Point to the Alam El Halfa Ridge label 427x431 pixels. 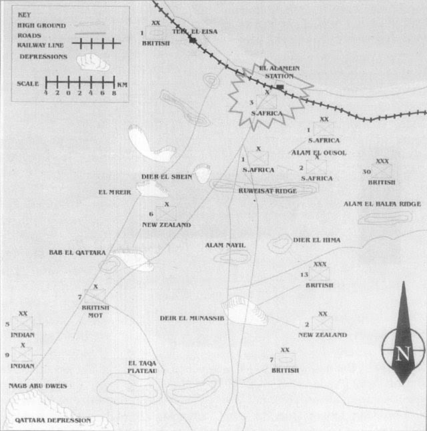tap(382, 203)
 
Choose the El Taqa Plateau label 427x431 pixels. tap(142, 367)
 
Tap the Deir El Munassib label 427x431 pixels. tap(191, 318)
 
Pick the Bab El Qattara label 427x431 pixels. tap(77, 253)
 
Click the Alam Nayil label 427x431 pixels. tap(226, 246)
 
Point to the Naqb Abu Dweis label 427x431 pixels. tap(38, 386)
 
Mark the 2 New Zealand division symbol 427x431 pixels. tap(322, 324)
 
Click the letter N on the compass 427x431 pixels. tap(402, 354)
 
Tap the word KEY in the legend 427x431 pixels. tap(25, 13)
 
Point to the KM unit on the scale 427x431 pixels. tap(121, 85)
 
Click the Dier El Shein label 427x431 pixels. tap(167, 177)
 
